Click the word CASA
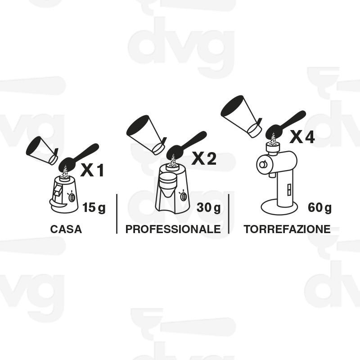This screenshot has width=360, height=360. pos(66,229)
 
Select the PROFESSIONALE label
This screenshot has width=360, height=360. pos(173,229)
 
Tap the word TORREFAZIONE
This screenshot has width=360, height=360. pos(287,229)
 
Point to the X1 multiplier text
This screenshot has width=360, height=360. pos(92,170)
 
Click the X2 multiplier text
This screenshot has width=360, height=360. pos(204,158)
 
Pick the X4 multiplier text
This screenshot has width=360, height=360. pos(302,137)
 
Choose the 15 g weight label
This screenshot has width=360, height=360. pos(94,207)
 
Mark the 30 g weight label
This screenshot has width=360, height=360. pos(208,207)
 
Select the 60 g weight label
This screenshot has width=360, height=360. pos(320,207)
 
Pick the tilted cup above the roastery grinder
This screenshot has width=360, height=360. pos(241,117)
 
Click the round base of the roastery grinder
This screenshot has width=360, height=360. pos(279,207)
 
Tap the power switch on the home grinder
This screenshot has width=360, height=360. pos(72,197)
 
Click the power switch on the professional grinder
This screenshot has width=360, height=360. pos(184,196)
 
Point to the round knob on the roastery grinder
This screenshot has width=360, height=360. pos(263,165)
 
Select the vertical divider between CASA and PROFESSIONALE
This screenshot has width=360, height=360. pos(117,214)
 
